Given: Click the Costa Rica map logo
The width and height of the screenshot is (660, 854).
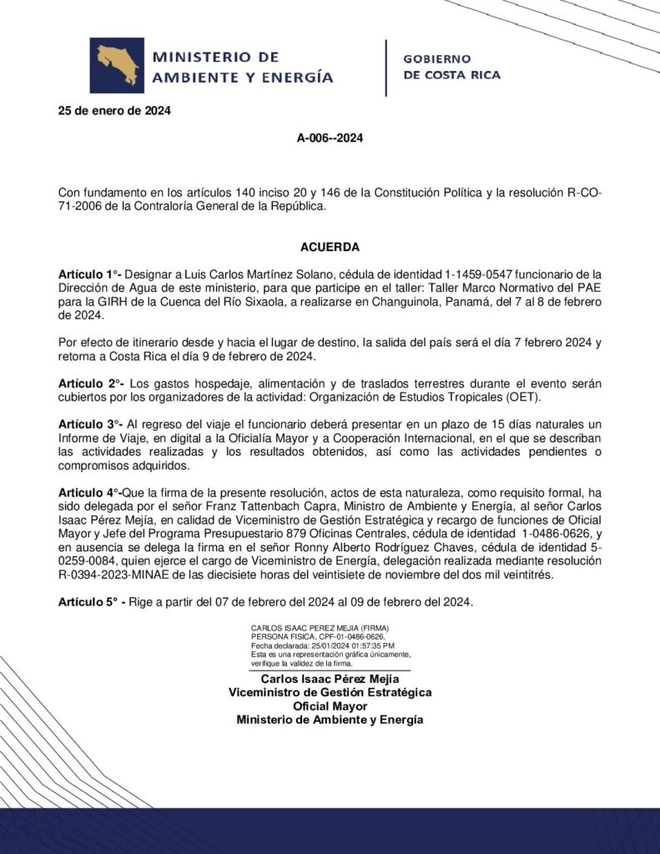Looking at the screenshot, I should [x=117, y=65].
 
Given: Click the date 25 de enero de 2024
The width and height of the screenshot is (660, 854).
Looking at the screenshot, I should [x=114, y=111].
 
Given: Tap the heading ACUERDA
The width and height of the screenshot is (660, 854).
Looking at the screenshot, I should [x=330, y=248].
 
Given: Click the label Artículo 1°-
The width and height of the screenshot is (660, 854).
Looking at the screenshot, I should [x=90, y=274].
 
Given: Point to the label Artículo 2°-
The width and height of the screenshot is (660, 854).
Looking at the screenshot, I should [x=91, y=382].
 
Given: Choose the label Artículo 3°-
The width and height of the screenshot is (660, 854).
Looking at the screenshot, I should [x=91, y=424].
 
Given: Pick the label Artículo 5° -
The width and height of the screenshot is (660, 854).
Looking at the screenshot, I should [x=92, y=602].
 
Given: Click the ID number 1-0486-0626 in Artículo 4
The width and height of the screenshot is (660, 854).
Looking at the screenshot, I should [x=552, y=532].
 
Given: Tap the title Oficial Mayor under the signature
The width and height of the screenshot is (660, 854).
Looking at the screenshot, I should [x=330, y=706].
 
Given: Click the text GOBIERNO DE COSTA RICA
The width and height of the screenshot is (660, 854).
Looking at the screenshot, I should [x=451, y=67].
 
